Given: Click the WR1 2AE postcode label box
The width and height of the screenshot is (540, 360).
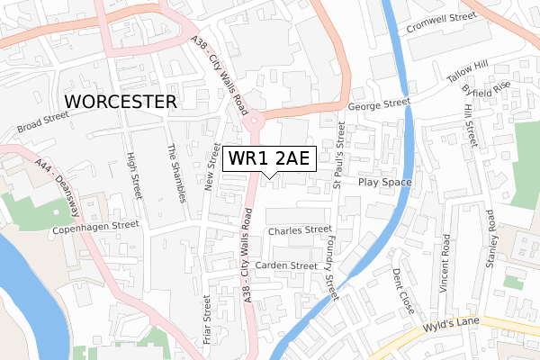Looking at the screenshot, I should (x=269, y=158).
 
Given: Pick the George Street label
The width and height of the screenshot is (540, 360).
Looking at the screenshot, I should (x=380, y=104).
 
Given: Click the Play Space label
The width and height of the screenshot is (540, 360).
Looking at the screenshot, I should (x=384, y=183).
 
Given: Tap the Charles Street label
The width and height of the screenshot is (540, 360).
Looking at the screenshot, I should (x=300, y=230).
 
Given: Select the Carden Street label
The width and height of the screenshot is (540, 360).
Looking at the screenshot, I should (x=285, y=265).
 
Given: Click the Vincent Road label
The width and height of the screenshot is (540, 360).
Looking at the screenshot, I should (x=445, y=263).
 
